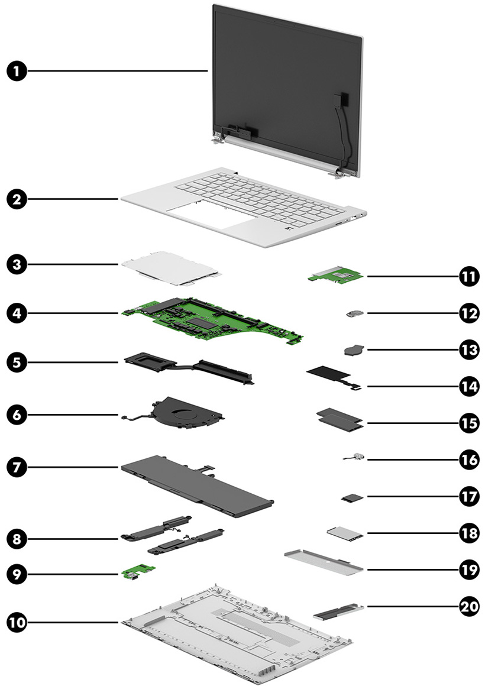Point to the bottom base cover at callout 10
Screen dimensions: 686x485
pyautogui.click(x=237, y=642)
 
